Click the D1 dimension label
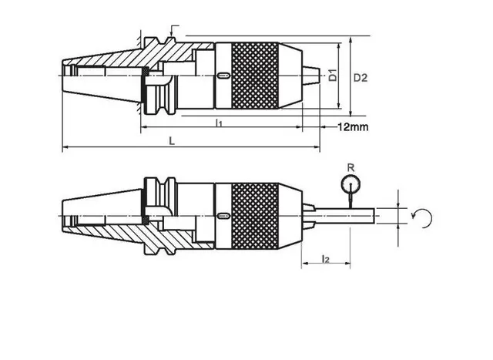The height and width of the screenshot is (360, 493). point(333,76)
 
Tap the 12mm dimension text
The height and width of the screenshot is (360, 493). point(352,126)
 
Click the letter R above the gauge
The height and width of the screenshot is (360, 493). point(350,167)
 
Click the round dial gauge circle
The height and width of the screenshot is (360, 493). point(350,184)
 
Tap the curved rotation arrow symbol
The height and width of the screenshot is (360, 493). point(423,217)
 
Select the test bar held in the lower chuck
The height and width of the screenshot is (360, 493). point(347,215)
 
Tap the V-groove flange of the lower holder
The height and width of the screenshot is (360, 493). point(163,214)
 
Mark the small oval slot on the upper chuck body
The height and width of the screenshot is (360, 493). point(222,76)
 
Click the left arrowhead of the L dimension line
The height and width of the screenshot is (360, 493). point(65,147)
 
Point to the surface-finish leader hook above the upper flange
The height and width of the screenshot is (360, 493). point(172,30)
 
